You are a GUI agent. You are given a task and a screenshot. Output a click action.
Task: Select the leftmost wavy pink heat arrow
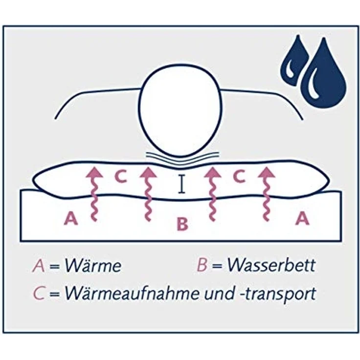pos(94,194)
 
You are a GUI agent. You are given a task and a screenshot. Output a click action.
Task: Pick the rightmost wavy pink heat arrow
pos(266,194)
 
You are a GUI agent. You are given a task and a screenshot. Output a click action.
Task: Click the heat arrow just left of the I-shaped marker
pos(149,194)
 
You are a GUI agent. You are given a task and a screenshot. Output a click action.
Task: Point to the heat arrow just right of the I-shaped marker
pos(213,194)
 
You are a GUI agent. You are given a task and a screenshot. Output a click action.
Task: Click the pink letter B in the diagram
pos(182,224)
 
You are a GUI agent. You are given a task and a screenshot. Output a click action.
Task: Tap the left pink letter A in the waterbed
pos(71,218)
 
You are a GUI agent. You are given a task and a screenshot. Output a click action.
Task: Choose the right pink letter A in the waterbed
pos(302,218)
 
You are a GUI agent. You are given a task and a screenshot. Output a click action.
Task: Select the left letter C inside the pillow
pos(121,177)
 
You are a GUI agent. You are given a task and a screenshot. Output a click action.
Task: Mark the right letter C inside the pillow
pos(239,177)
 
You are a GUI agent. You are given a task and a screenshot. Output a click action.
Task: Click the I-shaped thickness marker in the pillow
pos(182,183)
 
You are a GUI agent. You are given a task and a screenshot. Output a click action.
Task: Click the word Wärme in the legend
pos(93,266)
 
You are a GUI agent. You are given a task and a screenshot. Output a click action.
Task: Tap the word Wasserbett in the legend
pos(271,265)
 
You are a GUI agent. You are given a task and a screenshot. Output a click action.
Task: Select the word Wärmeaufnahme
pos(131,293)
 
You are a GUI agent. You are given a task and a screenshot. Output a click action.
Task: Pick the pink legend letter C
pos(38,293)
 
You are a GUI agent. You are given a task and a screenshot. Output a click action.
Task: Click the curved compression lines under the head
pos(182,158)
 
